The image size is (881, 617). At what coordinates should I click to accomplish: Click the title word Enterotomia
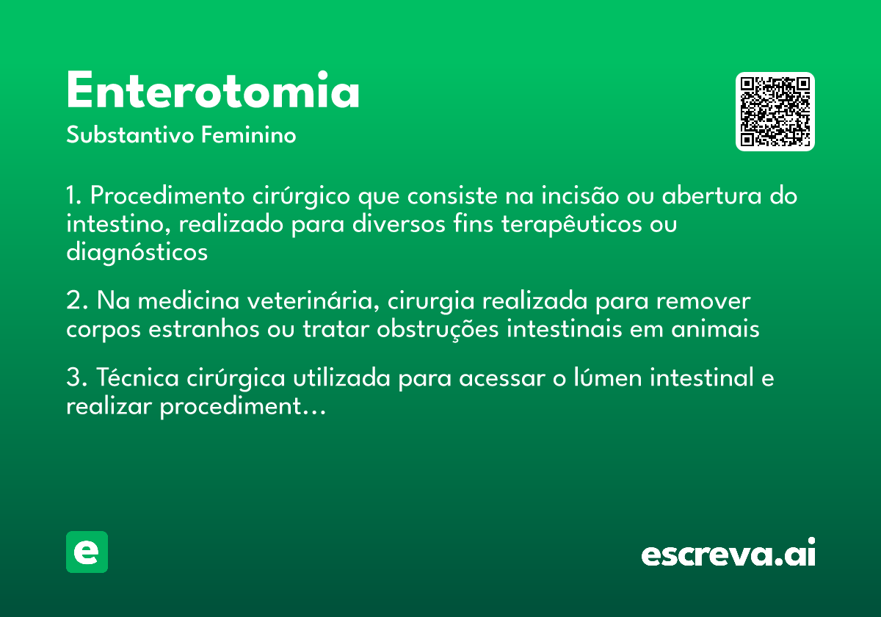[213, 91]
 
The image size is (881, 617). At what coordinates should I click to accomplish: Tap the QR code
[775, 112]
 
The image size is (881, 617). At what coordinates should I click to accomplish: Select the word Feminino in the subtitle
[249, 136]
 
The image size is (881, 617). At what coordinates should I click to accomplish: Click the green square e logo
[87, 552]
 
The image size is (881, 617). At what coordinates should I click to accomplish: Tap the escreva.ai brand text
[728, 554]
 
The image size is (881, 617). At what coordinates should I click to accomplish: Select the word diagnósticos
[137, 252]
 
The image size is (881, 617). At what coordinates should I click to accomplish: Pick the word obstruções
[438, 329]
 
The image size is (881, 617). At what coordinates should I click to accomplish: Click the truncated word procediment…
[242, 407]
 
